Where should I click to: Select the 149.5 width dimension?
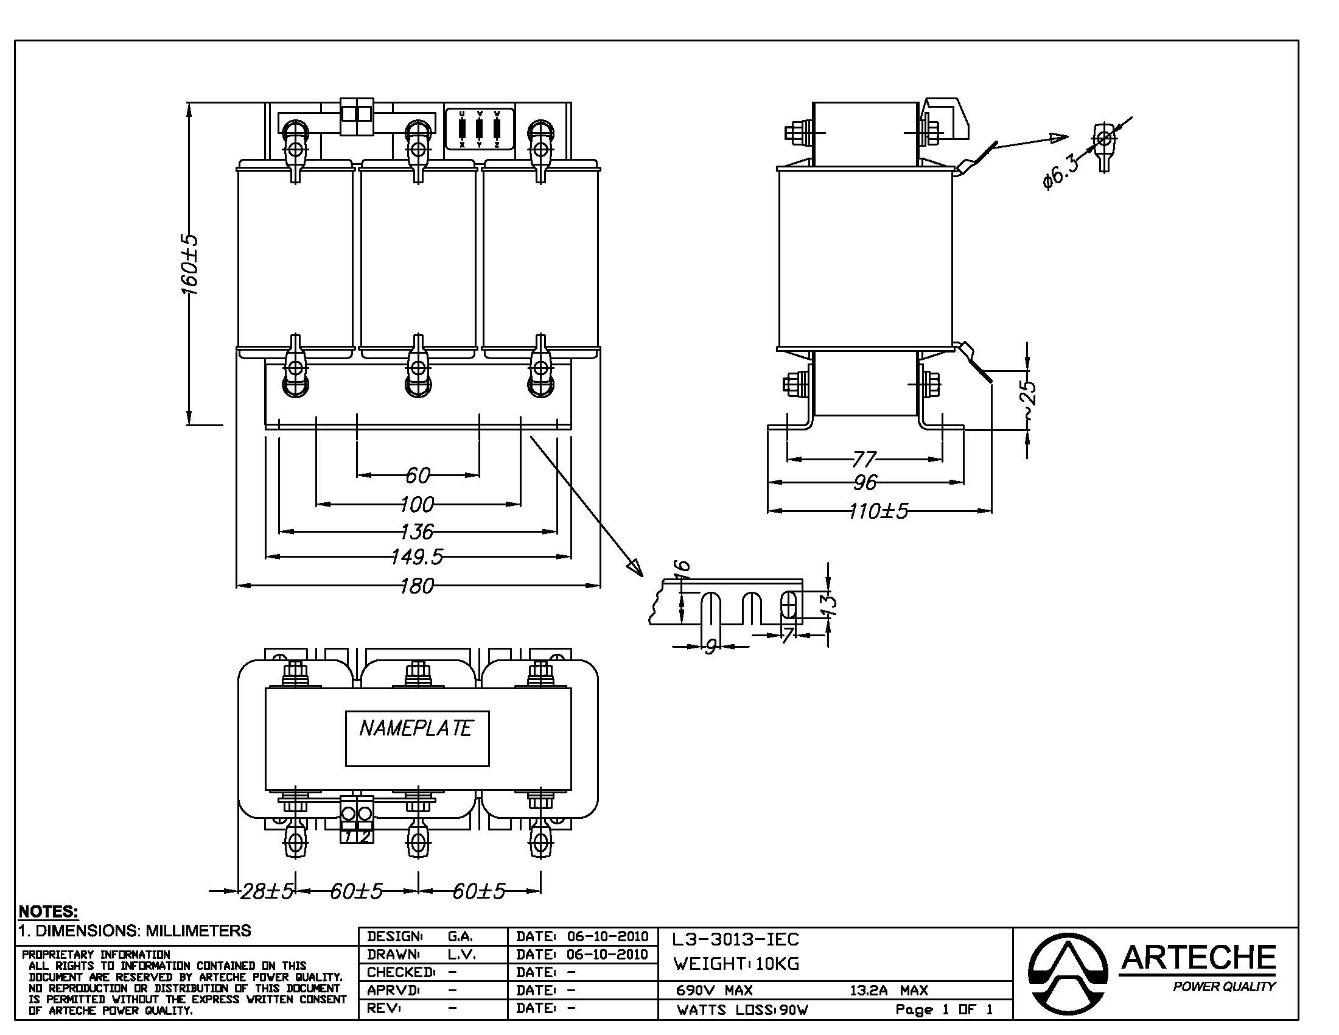[417, 556]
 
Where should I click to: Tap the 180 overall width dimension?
[417, 586]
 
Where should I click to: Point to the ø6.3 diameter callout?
[1059, 172]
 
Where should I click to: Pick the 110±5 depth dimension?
[878, 511]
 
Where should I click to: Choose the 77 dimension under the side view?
[864, 458]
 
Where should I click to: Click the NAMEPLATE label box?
[417, 739]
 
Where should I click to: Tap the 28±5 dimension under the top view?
[267, 891]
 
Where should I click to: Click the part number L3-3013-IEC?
[736, 939]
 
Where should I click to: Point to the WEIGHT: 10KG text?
[736, 964]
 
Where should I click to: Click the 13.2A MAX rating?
[889, 990]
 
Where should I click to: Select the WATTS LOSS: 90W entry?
[743, 1010]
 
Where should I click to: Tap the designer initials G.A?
[460, 936]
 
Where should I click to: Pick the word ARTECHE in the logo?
[1198, 958]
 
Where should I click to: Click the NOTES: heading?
[49, 911]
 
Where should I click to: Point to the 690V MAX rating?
[715, 990]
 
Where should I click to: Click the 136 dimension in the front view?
[417, 531]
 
